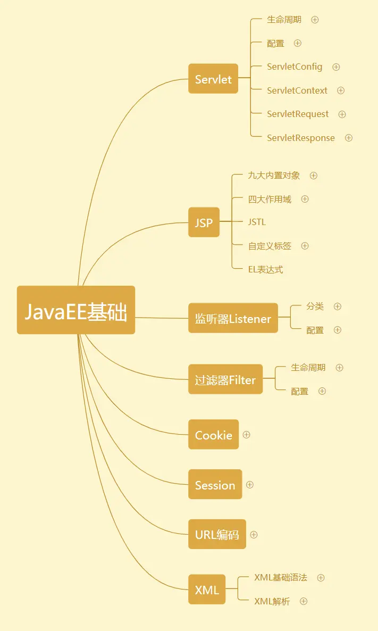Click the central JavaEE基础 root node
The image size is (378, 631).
pyautogui.click(x=76, y=310)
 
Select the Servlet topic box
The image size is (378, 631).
pyautogui.click(x=213, y=79)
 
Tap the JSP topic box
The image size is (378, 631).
pyautogui.click(x=204, y=222)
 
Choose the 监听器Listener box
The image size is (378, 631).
pyautogui.click(x=233, y=318)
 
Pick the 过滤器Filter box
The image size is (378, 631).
pyautogui.click(x=225, y=379)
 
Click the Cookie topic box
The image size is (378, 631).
pyautogui.click(x=213, y=435)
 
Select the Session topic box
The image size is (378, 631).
pyautogui.click(x=215, y=485)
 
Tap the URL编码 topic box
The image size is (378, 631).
pyautogui.click(x=217, y=534)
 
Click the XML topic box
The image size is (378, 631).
pyautogui.click(x=207, y=590)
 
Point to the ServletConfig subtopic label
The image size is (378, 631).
pyautogui.click(x=295, y=67)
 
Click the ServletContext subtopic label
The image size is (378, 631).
pyautogui.click(x=297, y=90)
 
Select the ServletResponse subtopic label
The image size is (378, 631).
pyautogui.click(x=301, y=138)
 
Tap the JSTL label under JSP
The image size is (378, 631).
pyautogui.click(x=257, y=222)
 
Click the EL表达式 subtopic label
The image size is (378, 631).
pyautogui.click(x=265, y=269)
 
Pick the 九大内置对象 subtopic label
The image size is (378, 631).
pyautogui.click(x=274, y=175)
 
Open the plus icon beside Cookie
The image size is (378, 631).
pyautogui.click(x=246, y=435)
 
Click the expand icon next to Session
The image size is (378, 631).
pyautogui.click(x=250, y=485)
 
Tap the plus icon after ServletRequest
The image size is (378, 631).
pyautogui.click(x=342, y=114)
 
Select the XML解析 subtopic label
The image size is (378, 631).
pyautogui.click(x=272, y=601)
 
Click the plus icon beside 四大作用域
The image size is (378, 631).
pyautogui.click(x=305, y=199)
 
